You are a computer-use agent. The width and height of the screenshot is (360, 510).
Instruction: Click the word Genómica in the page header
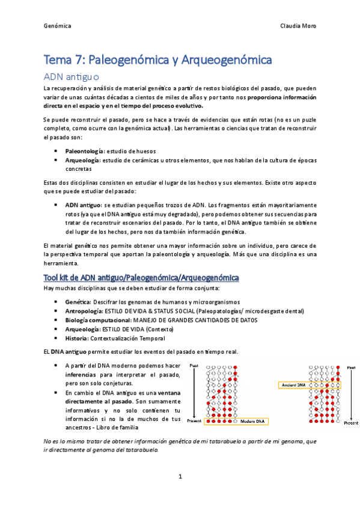coord(58,26)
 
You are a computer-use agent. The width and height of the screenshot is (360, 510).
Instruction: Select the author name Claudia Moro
coord(298,26)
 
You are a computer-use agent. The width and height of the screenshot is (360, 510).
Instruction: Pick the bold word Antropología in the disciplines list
coord(84,311)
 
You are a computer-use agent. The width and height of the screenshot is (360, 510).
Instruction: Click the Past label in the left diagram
coord(194,365)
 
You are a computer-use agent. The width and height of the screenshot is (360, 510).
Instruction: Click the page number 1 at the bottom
coord(180,477)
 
